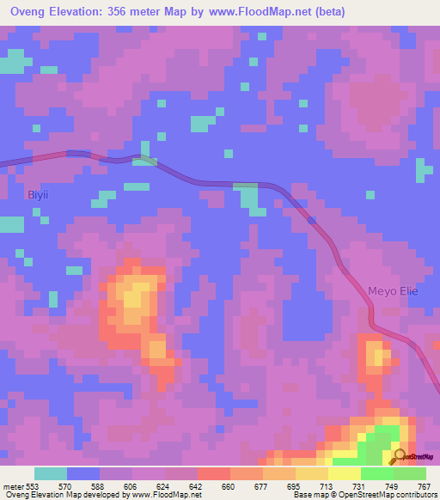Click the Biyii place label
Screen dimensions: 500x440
pyautogui.click(x=38, y=195)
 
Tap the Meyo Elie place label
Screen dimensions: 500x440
pyautogui.click(x=393, y=290)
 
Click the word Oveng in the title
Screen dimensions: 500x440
pyautogui.click(x=28, y=11)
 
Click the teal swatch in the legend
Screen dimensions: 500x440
pyautogui.click(x=50, y=473)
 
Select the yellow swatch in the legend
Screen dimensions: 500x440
pyautogui.click(x=344, y=473)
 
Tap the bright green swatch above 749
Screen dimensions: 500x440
pyautogui.click(x=376, y=473)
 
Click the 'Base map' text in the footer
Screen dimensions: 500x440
pyautogui.click(x=308, y=494)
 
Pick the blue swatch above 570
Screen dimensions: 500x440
pyautogui.click(x=82, y=473)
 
